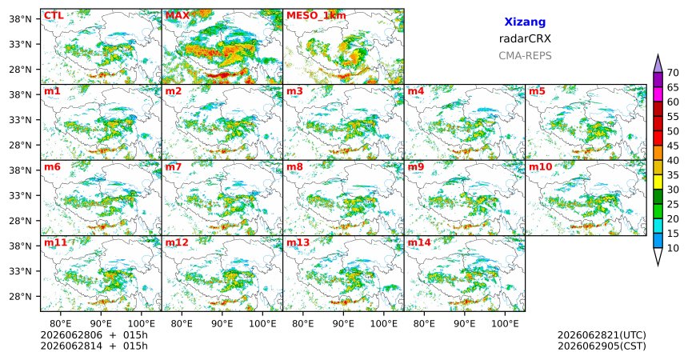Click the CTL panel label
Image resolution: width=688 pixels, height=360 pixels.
(54, 16)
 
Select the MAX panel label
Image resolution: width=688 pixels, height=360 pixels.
(177, 16)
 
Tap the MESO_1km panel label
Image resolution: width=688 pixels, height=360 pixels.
(316, 16)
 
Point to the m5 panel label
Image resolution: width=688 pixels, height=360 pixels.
(537, 91)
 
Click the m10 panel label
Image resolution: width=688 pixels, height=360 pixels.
(540, 167)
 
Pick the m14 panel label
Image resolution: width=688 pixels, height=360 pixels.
(419, 242)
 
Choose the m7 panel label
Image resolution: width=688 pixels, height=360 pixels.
(174, 167)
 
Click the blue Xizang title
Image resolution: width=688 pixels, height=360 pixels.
(525, 22)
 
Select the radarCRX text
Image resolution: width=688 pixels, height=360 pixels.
(525, 38)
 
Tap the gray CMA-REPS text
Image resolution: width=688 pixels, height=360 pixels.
(525, 56)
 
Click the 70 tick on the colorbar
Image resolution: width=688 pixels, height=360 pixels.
(673, 73)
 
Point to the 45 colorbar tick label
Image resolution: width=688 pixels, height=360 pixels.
(673, 146)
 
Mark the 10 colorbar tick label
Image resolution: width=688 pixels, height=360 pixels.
(673, 249)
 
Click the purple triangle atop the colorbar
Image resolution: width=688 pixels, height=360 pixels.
(658, 64)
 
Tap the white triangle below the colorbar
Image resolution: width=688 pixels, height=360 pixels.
(658, 255)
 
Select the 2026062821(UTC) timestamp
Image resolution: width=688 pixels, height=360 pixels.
(602, 335)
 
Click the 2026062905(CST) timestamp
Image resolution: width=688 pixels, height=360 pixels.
(602, 346)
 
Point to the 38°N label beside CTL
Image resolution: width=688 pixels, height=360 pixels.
(20, 19)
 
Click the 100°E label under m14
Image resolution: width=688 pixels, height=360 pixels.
(505, 324)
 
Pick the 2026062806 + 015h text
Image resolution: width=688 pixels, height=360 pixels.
(94, 335)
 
